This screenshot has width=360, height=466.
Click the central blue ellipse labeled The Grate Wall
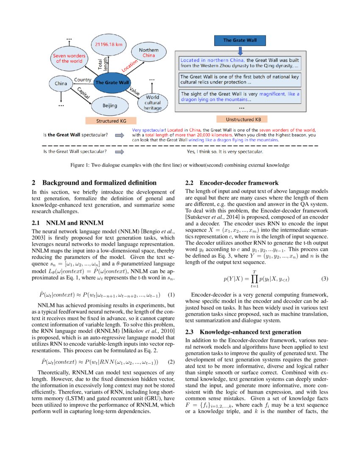tap(112, 82)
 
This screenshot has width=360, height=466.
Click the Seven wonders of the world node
tap(69, 58)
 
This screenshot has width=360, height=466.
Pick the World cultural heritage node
tap(152, 103)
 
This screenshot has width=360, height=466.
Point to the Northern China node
tap(149, 53)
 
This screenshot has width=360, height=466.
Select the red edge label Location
tap(130, 64)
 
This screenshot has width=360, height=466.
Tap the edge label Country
tap(83, 80)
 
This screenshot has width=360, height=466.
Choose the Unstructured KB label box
tap(240, 120)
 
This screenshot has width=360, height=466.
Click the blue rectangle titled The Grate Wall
tap(240, 41)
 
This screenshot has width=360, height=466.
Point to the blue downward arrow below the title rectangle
tap(240, 51)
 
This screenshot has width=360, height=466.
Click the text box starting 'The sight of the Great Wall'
tap(240, 97)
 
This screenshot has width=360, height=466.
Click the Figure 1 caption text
tap(180, 165)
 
